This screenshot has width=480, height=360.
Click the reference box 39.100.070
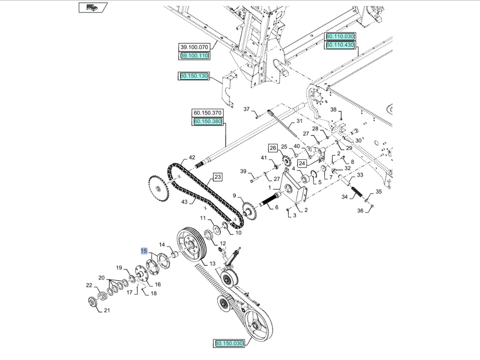pyautogui.click(x=194, y=47)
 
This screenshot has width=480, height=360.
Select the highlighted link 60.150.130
pyautogui.click(x=194, y=76)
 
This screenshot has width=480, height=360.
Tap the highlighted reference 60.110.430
pyautogui.click(x=340, y=45)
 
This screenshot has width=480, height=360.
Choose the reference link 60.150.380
pyautogui.click(x=207, y=121)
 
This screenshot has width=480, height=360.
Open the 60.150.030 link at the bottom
pyautogui.click(x=229, y=343)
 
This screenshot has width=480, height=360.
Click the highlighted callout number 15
pyautogui.click(x=144, y=251)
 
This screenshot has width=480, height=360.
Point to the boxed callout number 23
pyautogui.click(x=217, y=177)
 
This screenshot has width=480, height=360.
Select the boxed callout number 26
pyautogui.click(x=273, y=148)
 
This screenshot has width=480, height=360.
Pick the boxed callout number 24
pyautogui.click(x=302, y=163)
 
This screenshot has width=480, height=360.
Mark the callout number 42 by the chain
pyautogui.click(x=192, y=158)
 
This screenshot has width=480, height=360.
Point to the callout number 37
pyautogui.click(x=247, y=109)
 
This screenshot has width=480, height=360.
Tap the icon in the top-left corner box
pyautogui.click(x=93, y=8)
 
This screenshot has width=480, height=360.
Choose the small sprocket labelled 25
pyautogui.click(x=286, y=161)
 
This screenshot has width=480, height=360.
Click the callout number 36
pyautogui.click(x=360, y=211)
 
